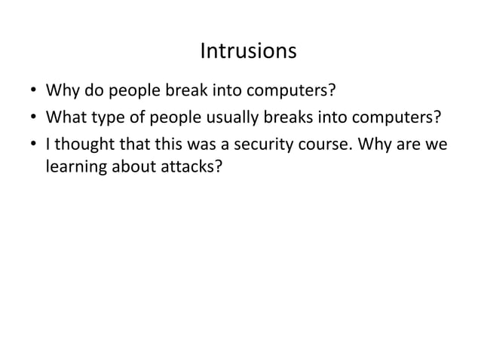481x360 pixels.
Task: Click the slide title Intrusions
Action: click(x=248, y=52)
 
